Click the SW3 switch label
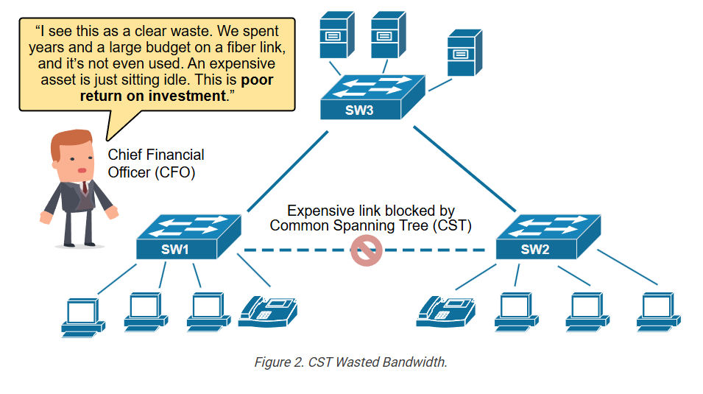[x=359, y=110]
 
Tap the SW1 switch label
[x=175, y=250]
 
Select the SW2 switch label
[x=535, y=250]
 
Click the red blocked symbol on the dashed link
[x=367, y=250]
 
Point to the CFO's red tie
[x=85, y=187]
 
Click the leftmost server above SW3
[x=337, y=35]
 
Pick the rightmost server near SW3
[x=465, y=52]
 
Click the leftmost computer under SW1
[x=83, y=315]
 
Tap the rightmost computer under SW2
[x=659, y=312]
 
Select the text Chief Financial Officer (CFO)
[x=155, y=163]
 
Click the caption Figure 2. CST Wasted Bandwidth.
[x=350, y=362]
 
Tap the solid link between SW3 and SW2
[x=464, y=169]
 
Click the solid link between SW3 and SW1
[x=288, y=171]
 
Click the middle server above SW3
[x=389, y=35]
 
